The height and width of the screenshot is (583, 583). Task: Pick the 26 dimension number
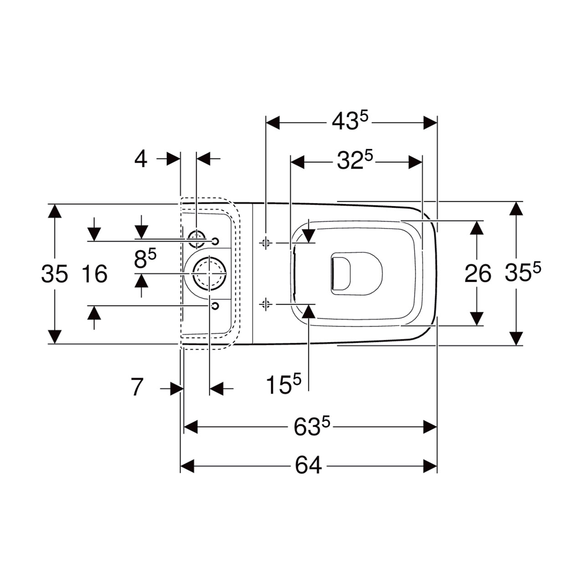click(478, 273)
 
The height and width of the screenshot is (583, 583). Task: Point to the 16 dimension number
click(95, 273)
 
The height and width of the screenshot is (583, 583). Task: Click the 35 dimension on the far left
click(55, 273)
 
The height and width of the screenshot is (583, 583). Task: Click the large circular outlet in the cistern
click(210, 273)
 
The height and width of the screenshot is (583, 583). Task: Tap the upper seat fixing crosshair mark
click(266, 242)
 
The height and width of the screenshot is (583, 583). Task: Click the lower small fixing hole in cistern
click(215, 306)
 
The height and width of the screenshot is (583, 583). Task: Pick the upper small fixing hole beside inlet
click(215, 241)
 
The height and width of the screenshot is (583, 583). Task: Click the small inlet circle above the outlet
click(197, 238)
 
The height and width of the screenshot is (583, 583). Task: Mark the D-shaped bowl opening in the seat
click(357, 273)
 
